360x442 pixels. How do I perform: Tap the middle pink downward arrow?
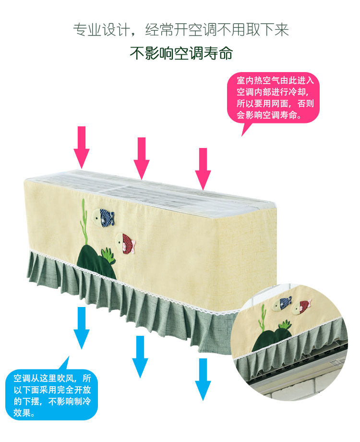[142, 158]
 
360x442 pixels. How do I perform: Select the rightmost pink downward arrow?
[203, 168]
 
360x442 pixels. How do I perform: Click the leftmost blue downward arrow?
[82, 327]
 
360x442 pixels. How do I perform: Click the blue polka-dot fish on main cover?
[104, 217]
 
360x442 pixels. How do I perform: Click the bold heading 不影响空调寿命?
[180, 53]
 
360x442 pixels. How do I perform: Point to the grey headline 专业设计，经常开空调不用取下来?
[180, 30]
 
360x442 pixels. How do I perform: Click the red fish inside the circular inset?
[304, 305]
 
